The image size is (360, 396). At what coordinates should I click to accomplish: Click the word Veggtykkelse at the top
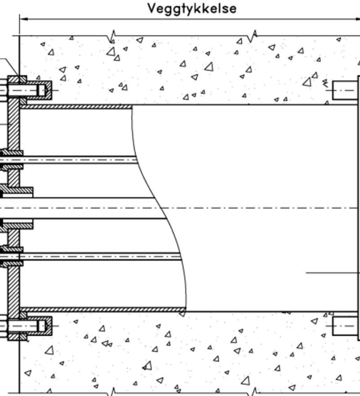tap(192, 9)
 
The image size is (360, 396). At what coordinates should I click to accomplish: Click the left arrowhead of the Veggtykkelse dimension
tap(24, 19)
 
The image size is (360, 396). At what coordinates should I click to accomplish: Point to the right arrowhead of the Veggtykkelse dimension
tap(356, 19)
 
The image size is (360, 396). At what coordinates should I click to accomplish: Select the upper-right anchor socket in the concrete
tap(345, 90)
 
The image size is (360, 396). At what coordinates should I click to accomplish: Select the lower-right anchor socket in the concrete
tap(345, 326)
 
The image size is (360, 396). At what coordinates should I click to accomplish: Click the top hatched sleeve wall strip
tap(76, 107)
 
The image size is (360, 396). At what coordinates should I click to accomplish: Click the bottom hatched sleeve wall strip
tap(103, 310)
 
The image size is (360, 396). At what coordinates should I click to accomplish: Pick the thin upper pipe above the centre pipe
tap(69, 160)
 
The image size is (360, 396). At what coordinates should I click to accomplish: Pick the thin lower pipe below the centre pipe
tap(90, 256)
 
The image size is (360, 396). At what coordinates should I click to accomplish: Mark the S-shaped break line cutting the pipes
tap(159, 207)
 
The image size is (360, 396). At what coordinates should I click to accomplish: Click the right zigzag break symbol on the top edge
tap(252, 36)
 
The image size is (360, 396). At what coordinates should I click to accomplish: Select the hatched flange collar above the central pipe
tap(16, 191)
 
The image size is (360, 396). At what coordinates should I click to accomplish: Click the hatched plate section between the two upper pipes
tap(13, 178)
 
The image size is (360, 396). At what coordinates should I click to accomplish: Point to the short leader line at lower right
tap(333, 273)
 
